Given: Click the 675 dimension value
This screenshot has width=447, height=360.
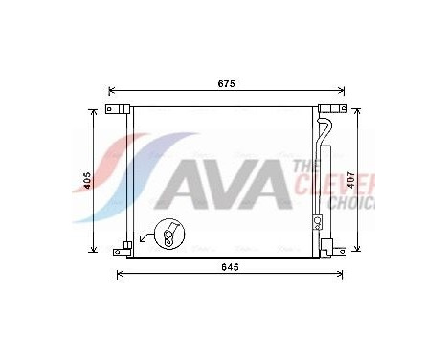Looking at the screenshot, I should tap(225, 84).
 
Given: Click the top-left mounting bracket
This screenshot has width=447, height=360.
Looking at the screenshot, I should tap(119, 112).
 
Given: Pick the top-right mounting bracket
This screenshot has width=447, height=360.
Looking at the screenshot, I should tap(331, 111).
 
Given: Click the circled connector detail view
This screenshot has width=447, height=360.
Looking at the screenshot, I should tap(172, 235).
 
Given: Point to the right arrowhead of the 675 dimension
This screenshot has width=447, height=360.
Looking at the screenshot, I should tap(341, 92).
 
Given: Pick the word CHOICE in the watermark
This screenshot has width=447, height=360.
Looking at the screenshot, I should tap(350, 203).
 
